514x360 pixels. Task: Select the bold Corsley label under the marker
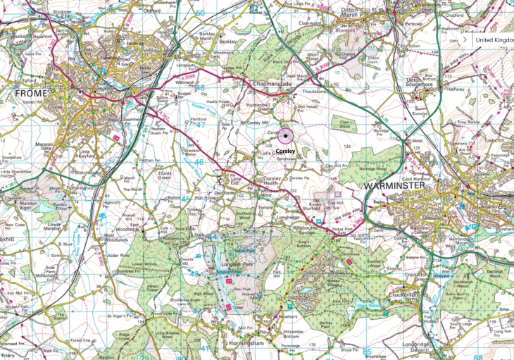(286, 151)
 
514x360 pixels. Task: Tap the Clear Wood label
(344, 123)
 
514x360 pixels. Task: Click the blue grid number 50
(200, 13)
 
